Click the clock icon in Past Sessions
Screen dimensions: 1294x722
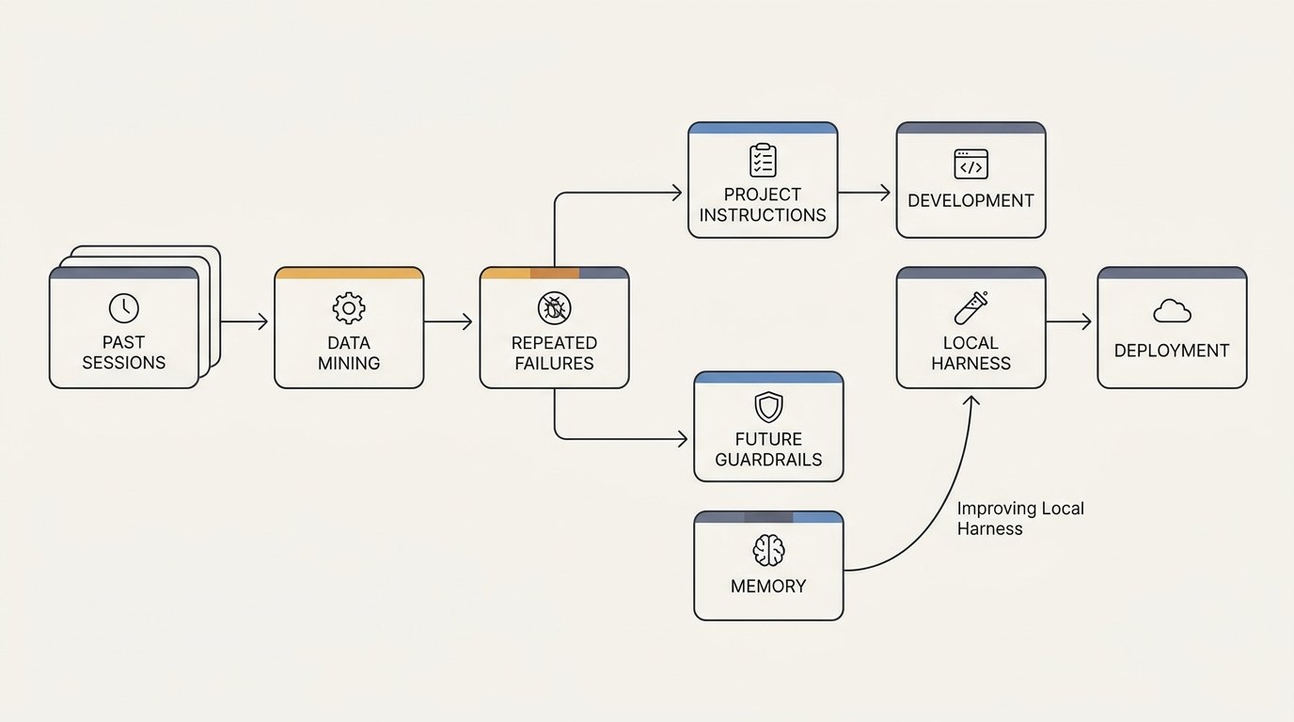(123, 307)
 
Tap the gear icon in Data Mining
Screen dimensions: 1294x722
(349, 308)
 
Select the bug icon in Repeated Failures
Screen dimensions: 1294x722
(555, 307)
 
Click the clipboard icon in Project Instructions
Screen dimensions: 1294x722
(763, 160)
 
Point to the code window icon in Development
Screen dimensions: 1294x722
(971, 164)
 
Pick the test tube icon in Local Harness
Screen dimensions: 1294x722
(971, 307)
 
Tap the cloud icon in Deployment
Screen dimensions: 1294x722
(1172, 311)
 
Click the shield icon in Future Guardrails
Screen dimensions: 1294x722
(769, 407)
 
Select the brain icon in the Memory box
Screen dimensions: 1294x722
(769, 551)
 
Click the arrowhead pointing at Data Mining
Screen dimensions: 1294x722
(263, 322)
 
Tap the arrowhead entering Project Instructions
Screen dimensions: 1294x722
(677, 193)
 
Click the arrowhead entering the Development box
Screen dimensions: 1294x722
(885, 193)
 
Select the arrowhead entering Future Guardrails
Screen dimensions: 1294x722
(683, 439)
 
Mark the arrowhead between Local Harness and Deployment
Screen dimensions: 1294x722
(1086, 322)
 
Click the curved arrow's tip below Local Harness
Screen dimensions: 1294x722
(972, 396)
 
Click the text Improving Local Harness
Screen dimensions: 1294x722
(1020, 519)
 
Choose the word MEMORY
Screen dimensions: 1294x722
(768, 587)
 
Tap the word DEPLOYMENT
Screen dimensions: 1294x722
(1172, 351)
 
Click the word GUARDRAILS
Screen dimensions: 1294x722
(768, 460)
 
